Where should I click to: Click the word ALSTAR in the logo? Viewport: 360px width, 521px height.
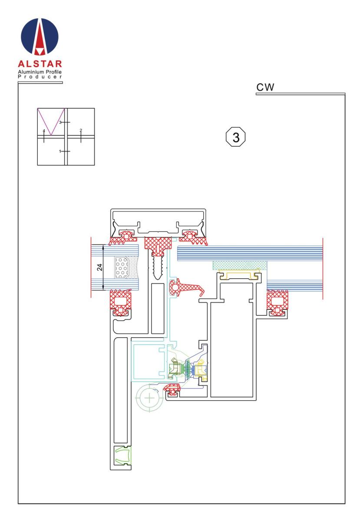40,64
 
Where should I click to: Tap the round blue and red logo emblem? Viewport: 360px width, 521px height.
40,37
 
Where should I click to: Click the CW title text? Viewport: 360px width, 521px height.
265,87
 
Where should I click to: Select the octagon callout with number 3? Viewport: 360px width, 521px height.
236,137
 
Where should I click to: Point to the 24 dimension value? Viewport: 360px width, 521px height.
99,267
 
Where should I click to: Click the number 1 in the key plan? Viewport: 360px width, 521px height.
60,152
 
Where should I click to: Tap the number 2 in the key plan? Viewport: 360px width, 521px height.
81,130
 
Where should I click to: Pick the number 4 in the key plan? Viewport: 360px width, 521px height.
44,131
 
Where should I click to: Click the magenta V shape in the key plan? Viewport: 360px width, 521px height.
51,122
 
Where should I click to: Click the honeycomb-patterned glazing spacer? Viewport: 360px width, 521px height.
122,267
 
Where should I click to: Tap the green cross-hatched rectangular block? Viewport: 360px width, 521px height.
240,265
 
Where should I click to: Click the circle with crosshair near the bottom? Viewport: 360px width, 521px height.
149,398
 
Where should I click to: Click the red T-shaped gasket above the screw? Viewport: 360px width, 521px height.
158,246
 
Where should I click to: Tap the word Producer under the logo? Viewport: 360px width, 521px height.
40,77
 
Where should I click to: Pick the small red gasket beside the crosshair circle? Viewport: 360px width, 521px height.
172,389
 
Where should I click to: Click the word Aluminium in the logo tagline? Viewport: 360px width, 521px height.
30,72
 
